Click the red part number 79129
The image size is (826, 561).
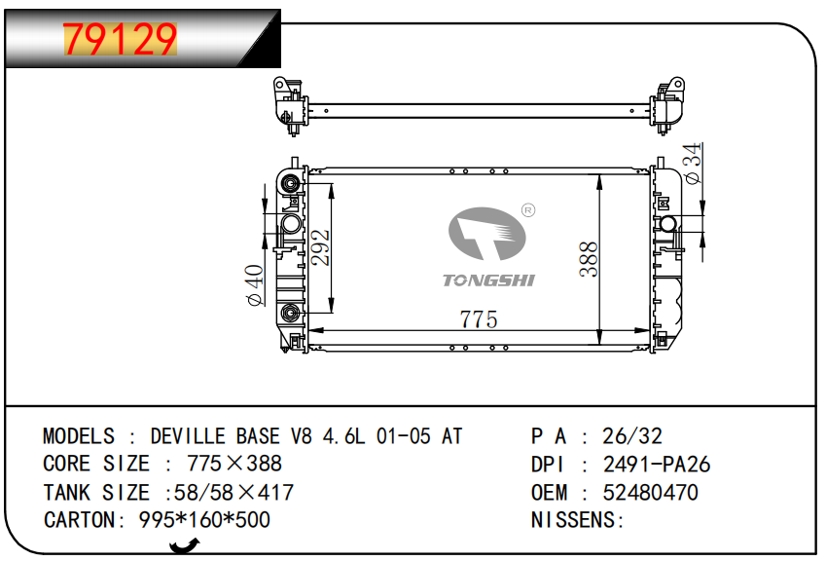coord(120,39)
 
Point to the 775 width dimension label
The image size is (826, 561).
coord(479,319)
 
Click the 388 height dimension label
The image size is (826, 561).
coord(589,259)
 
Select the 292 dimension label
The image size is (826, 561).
coord(320,247)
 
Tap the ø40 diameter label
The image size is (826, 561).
coord(255,285)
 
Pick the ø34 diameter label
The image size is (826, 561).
coord(694,163)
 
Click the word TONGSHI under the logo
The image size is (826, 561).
coord(488,280)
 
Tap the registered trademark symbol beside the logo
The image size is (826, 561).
coord(528,210)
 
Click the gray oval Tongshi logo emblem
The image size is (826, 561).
coord(486,234)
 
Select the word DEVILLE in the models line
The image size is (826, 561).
coord(189,436)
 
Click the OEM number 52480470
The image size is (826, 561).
coord(651,493)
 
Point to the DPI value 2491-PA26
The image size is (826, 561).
coord(657,465)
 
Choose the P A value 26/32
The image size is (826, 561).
coord(632,436)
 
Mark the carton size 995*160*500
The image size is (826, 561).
coord(204,520)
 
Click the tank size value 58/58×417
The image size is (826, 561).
coord(233,493)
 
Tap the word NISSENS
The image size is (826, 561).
coord(573,520)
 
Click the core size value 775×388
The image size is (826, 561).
coord(234,464)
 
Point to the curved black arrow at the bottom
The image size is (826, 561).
coord(185,545)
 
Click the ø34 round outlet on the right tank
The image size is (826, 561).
coord(668,224)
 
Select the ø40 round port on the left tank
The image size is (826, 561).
coord(291,224)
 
